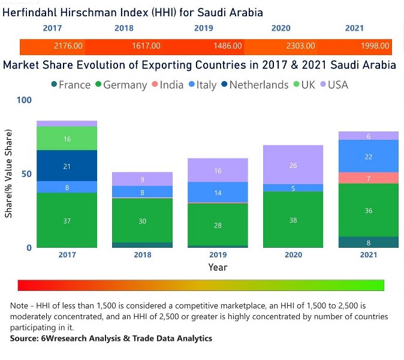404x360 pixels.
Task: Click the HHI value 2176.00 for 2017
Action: pos(68,46)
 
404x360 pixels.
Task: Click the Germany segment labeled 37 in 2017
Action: pos(67,220)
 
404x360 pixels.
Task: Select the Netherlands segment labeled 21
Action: pos(67,166)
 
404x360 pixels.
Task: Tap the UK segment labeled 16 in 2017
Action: pos(67,139)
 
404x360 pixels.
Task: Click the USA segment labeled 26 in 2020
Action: pos(293,165)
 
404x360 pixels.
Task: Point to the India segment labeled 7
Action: pos(368,178)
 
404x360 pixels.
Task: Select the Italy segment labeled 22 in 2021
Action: pos(368,156)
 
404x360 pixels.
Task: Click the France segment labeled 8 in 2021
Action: pos(368,242)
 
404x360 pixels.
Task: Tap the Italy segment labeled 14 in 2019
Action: pos(218,193)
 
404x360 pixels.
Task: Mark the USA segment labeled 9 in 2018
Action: pos(142,179)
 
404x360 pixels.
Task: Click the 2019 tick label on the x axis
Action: pos(218,255)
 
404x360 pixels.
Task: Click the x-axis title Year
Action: pos(218,268)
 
